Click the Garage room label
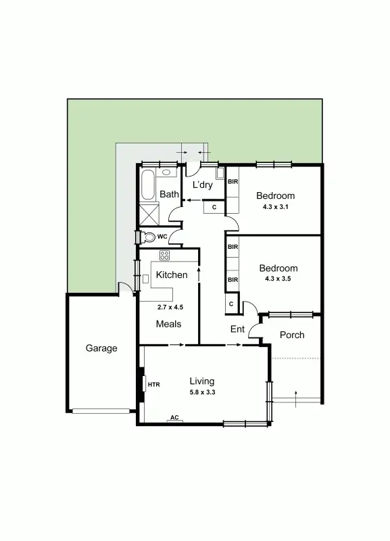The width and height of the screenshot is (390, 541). (101, 349)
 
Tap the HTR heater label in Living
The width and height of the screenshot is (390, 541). (153, 385)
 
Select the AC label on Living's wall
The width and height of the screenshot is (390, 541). (174, 418)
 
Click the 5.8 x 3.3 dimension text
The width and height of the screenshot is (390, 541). (202, 392)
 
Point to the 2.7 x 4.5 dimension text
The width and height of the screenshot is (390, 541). (170, 307)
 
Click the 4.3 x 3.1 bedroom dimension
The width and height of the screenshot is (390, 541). (276, 207)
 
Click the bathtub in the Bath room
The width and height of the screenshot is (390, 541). (149, 184)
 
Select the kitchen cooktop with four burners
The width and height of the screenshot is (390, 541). (165, 255)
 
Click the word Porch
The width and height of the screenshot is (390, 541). (292, 335)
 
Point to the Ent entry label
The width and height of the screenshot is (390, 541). (237, 329)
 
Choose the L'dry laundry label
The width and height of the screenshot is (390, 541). (203, 185)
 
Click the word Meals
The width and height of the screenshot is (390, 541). (169, 324)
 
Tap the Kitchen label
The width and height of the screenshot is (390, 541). (172, 275)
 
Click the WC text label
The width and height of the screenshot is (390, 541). (162, 237)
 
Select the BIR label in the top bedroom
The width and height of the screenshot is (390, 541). (233, 182)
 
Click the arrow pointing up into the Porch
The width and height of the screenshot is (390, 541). (295, 397)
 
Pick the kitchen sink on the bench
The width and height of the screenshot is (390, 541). (145, 279)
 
